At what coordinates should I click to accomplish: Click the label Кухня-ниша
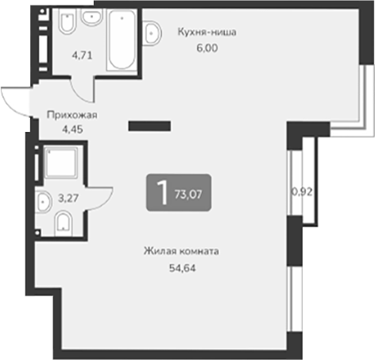click(205, 33)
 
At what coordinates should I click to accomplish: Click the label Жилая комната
click(181, 252)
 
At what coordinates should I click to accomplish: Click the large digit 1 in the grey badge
click(161, 192)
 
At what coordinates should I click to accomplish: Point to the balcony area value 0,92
click(301, 192)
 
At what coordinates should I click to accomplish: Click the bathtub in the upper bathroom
click(122, 39)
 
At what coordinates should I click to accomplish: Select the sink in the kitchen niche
click(152, 33)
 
